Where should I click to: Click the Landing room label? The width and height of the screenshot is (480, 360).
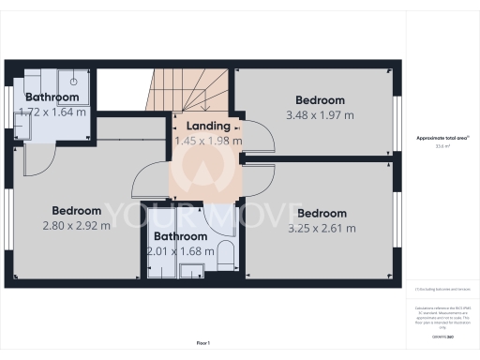[x=208, y=127]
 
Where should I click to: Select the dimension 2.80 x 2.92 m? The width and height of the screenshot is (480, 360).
[x=76, y=226]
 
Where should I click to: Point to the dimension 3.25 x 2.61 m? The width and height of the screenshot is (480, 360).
[x=322, y=228]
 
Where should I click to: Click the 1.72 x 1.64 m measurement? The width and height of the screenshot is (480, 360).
[x=52, y=112]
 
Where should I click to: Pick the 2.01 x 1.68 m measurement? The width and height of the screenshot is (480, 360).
[x=180, y=251]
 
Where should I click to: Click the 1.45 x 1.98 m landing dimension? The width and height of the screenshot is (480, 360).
[x=208, y=141]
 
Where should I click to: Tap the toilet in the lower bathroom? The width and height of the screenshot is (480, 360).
[x=225, y=254]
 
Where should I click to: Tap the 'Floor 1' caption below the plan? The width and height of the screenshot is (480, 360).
[x=202, y=345]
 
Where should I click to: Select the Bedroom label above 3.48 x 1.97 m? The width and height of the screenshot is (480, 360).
[x=320, y=100]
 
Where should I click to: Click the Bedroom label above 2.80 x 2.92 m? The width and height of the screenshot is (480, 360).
[x=76, y=210]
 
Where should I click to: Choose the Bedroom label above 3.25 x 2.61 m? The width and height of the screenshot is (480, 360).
[x=322, y=213]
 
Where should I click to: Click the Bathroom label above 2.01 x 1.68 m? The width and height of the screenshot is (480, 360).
[x=180, y=236]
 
